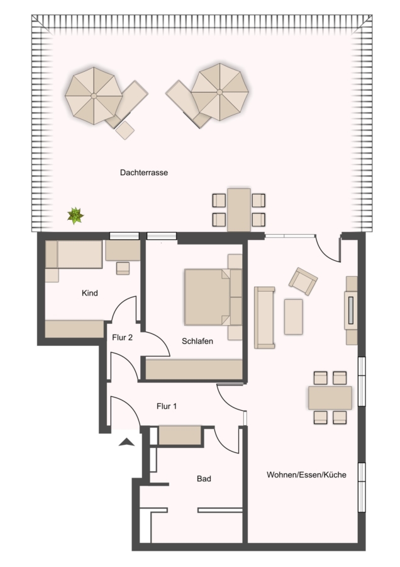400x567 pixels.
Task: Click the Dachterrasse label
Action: [143, 173]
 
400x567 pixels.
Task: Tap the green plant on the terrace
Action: [75, 216]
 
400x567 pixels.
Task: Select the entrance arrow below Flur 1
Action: [126, 442]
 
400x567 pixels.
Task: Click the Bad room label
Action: [204, 479]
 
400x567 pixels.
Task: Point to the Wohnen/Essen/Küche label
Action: [306, 475]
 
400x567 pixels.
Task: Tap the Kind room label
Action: [89, 293]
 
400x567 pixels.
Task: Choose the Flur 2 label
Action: [122, 338]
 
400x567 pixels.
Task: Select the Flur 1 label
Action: [167, 406]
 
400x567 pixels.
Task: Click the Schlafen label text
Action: [197, 341]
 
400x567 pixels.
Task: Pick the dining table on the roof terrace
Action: [238, 210]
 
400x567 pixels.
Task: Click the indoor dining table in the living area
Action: [330, 398]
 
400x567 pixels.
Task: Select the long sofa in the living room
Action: [264, 318]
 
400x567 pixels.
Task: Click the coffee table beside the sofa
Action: [293, 317]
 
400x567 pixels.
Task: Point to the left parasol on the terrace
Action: [94, 96]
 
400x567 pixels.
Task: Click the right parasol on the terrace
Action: [220, 92]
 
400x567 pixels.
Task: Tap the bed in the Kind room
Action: [74, 255]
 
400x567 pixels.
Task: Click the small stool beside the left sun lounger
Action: [125, 130]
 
